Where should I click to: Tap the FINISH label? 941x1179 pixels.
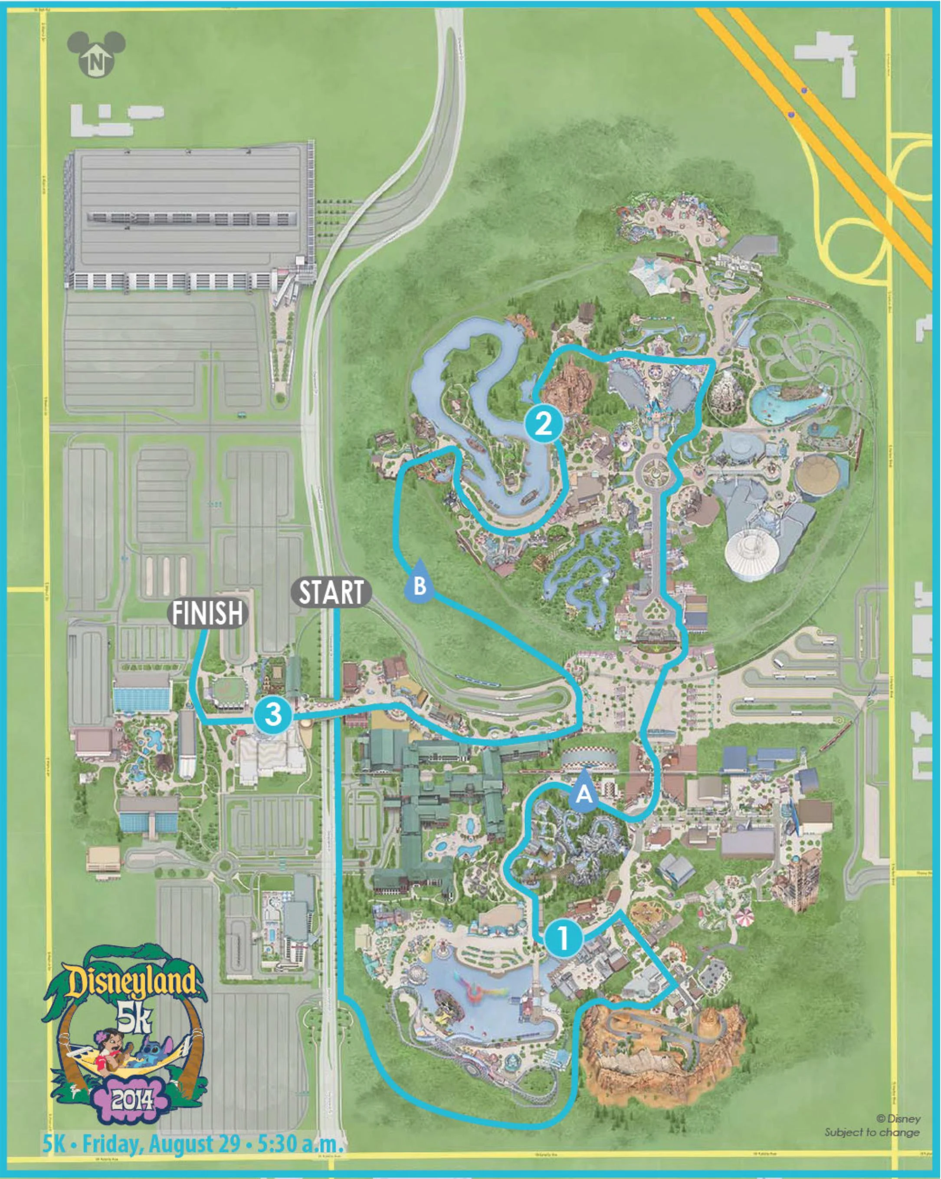point(207,613)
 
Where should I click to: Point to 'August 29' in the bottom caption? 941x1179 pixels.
point(196,1144)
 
